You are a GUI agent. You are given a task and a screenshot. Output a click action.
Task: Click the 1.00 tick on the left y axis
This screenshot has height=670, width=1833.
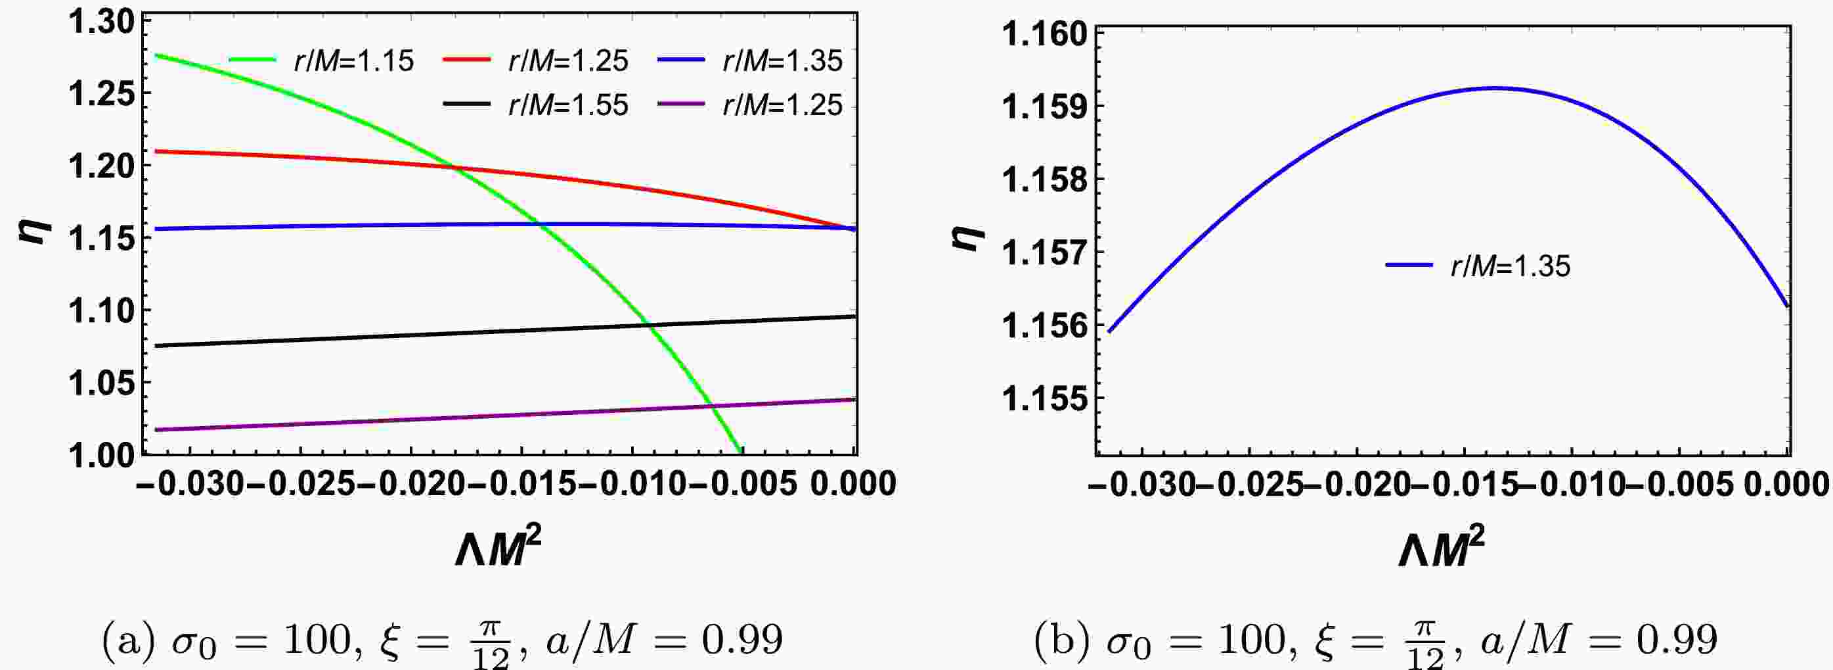pos(101,455)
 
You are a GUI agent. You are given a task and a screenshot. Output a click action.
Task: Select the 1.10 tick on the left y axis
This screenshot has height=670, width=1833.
pos(101,310)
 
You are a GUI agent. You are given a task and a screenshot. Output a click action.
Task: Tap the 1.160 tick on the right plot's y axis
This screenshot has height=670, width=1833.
pos(1045,34)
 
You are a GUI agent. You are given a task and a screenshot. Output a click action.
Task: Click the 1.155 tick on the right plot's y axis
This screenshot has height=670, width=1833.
pos(1045,398)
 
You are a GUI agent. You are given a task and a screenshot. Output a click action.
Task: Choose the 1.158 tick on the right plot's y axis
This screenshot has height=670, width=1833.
pos(1045,179)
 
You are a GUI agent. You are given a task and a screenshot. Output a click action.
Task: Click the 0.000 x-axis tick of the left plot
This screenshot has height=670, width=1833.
pos(854,484)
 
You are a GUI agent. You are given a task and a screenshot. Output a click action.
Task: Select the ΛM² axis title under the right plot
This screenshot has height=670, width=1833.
pos(1441,550)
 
